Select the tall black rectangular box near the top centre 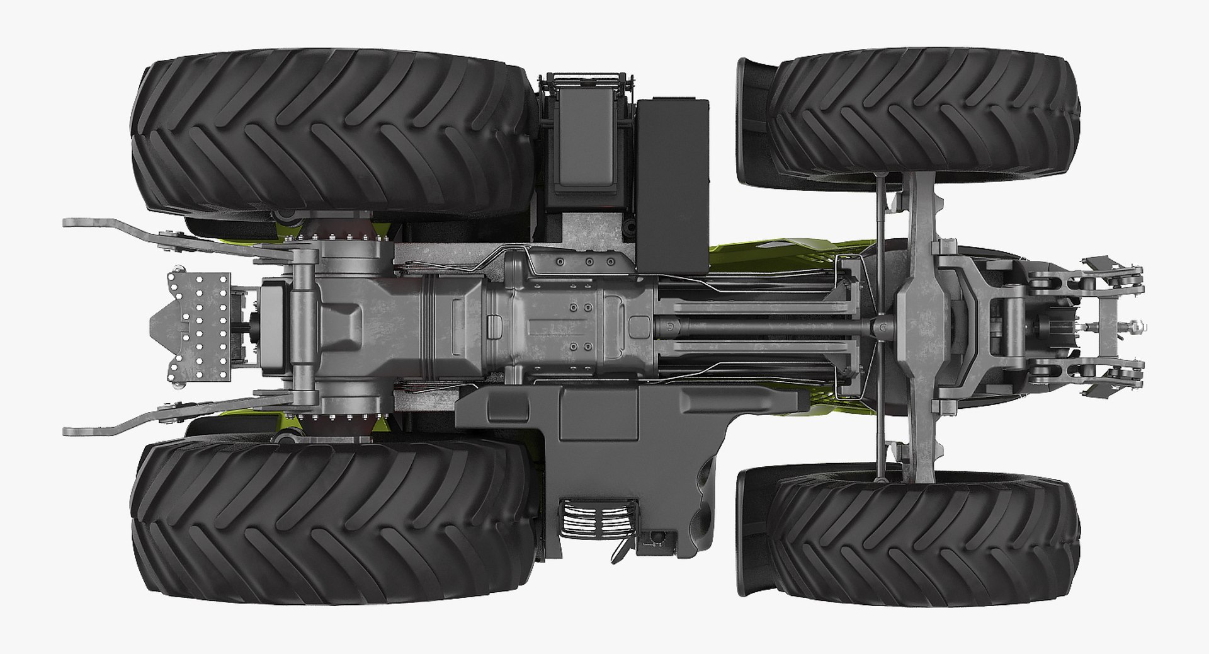(673, 183)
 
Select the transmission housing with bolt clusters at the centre (567, 326)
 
